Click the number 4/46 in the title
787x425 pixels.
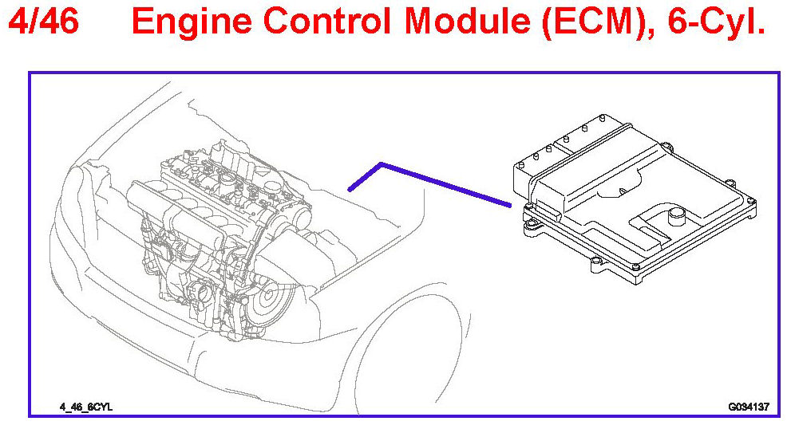tap(43, 22)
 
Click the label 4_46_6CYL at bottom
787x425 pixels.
tap(86, 407)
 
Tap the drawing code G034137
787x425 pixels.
tap(748, 407)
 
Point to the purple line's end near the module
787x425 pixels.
tap(508, 204)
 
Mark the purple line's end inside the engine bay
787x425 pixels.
tap(350, 189)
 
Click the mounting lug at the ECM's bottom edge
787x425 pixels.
tap(594, 261)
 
